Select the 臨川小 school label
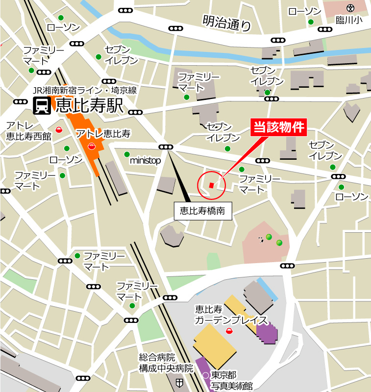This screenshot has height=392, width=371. click(x=348, y=19)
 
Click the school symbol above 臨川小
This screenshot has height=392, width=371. click(x=350, y=8)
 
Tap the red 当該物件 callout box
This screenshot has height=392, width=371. click(x=279, y=127)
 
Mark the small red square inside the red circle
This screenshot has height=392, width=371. click(x=211, y=185)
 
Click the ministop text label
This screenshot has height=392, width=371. click(x=145, y=160)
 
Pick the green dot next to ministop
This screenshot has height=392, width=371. click(x=127, y=154)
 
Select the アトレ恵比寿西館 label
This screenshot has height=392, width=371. click(x=28, y=131)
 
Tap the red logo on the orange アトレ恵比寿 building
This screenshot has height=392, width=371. click(x=91, y=146)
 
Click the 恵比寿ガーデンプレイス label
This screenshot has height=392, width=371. click(x=230, y=315)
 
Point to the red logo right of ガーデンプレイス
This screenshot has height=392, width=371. click(x=229, y=331)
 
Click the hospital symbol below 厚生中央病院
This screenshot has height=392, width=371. click(x=180, y=382)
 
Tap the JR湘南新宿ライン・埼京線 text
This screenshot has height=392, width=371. click(x=84, y=90)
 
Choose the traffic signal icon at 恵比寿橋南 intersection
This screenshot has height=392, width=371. click(x=166, y=147)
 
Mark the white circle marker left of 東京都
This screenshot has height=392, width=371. click(x=205, y=375)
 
